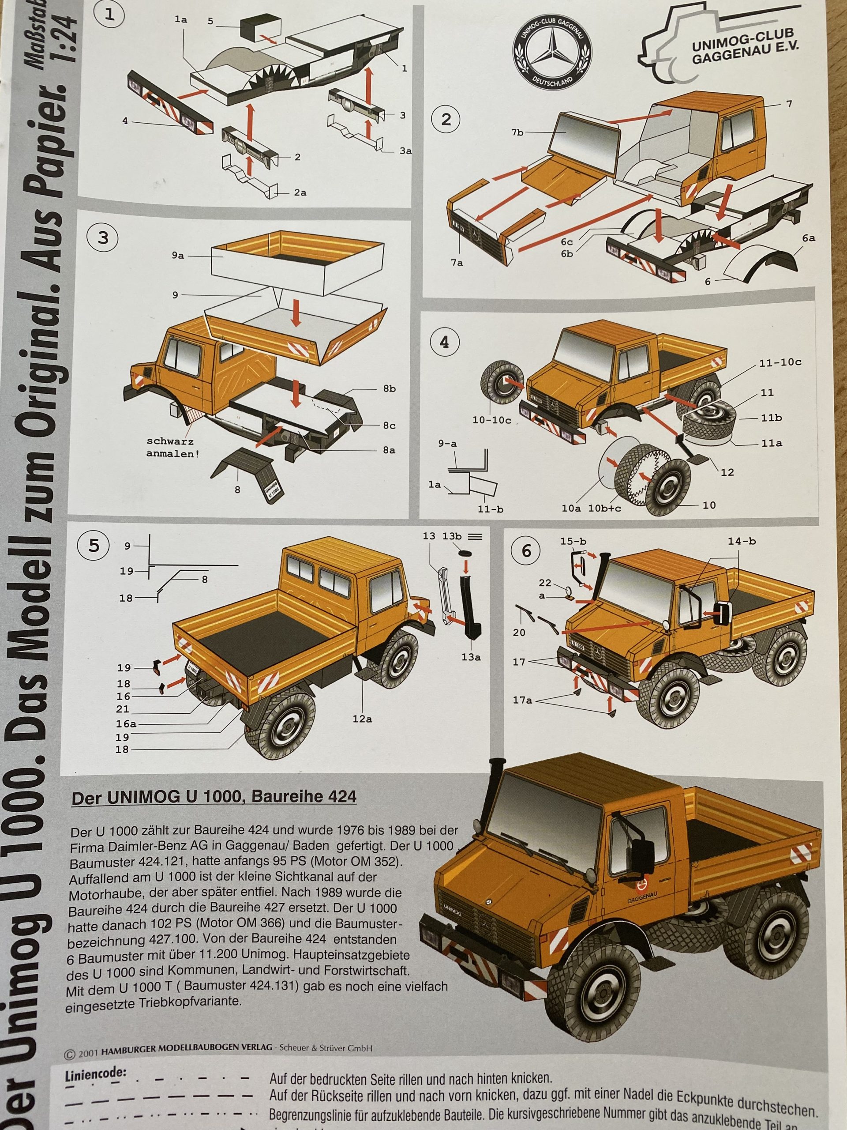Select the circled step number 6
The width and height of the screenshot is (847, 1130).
point(526,550)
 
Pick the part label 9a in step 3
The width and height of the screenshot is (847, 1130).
point(178,256)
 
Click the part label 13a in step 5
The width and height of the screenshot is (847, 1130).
point(471,657)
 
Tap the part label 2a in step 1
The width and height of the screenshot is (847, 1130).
point(300,192)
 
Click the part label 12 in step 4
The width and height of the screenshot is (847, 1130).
point(727,472)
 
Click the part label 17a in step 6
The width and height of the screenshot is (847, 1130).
point(522,700)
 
